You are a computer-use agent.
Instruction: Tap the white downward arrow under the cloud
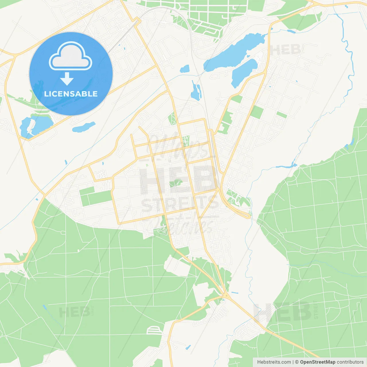(x=67, y=79)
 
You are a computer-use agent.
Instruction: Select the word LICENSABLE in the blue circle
(x=71, y=94)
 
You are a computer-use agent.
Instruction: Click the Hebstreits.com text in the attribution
(x=274, y=362)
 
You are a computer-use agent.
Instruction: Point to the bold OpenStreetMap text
(x=317, y=362)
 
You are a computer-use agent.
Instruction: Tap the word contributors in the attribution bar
(x=350, y=362)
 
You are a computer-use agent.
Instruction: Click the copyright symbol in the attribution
(x=297, y=362)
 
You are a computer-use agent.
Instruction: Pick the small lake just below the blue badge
(x=84, y=127)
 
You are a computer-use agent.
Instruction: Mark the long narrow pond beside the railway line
(x=196, y=91)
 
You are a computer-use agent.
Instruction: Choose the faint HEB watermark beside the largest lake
(x=287, y=50)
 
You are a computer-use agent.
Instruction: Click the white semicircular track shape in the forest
(x=155, y=330)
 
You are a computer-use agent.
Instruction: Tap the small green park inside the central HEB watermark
(x=175, y=183)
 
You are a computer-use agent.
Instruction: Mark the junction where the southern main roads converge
(x=226, y=295)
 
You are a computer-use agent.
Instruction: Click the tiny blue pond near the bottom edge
(x=188, y=347)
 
